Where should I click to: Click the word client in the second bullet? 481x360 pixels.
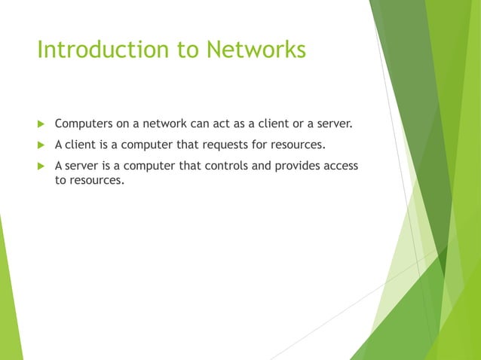click(82, 143)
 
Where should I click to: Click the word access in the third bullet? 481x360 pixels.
click(340, 165)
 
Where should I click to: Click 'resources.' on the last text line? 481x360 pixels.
click(89, 181)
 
